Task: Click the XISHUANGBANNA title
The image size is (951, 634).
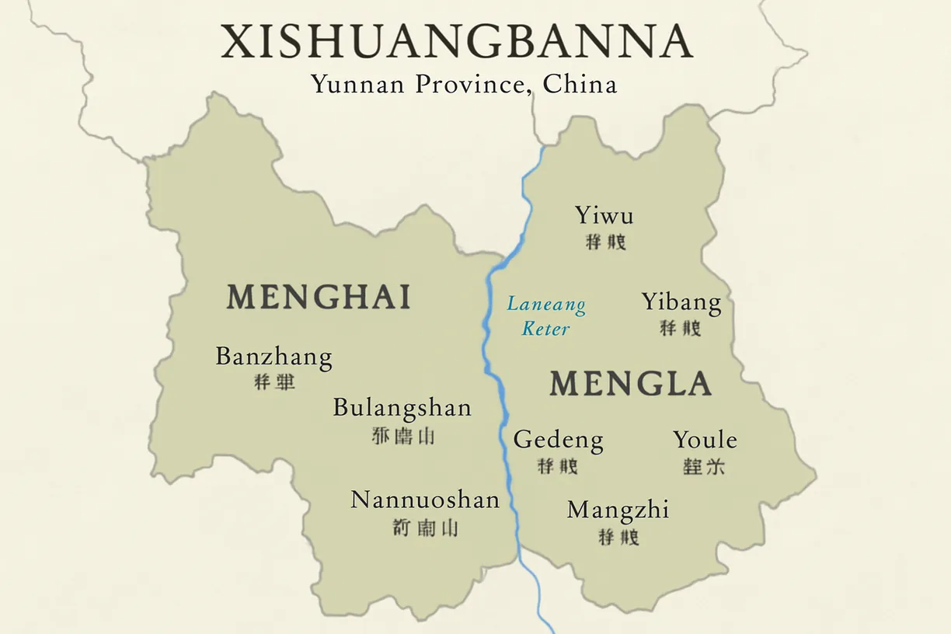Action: [x=457, y=42]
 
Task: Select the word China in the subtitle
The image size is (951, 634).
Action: [x=580, y=84]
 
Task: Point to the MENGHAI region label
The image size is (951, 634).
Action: [x=319, y=297]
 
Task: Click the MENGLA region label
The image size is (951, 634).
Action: [x=630, y=384]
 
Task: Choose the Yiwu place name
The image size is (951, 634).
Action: [x=604, y=215]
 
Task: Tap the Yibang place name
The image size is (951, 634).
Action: [x=681, y=302]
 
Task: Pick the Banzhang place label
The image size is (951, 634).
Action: [x=273, y=357]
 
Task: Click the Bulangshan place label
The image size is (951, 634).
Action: [x=402, y=408]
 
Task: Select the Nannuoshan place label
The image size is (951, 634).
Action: [x=425, y=500]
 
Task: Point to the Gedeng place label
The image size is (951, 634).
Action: [x=558, y=441]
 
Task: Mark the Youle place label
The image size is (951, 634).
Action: [x=705, y=440]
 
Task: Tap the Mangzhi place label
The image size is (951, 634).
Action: [x=618, y=510]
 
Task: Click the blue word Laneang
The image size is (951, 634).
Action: [x=546, y=304]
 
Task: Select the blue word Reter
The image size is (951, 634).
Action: [x=545, y=329]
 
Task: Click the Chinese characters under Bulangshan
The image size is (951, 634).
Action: [x=403, y=436]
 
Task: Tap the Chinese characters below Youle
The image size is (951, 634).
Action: [x=704, y=466]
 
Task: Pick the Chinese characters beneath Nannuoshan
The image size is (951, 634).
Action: [x=426, y=528]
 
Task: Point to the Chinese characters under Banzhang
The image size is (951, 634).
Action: [x=274, y=382]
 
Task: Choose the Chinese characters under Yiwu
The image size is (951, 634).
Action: [x=605, y=242]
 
